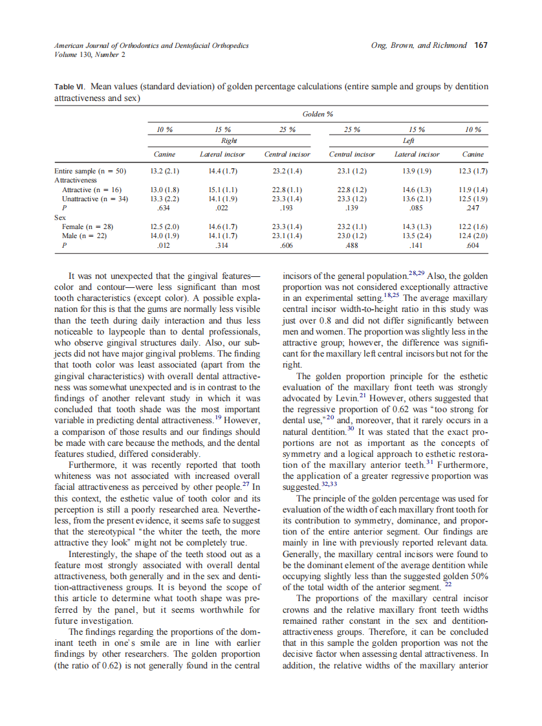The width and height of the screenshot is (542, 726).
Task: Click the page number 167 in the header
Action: coord(481,45)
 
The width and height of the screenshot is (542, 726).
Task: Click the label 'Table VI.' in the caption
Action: coord(70,86)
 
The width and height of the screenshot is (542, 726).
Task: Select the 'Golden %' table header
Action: coord(318,114)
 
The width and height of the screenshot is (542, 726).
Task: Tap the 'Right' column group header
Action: coord(229,140)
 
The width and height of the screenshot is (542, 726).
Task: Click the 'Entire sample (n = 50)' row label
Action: coord(90,171)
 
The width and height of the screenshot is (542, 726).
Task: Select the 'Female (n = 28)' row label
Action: coord(87,227)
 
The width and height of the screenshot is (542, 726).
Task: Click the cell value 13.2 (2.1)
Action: coord(164,171)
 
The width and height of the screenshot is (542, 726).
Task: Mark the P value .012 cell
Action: coord(164,246)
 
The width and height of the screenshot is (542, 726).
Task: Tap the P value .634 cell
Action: coord(164,208)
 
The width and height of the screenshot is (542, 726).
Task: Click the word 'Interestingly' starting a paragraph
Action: coord(99,555)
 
